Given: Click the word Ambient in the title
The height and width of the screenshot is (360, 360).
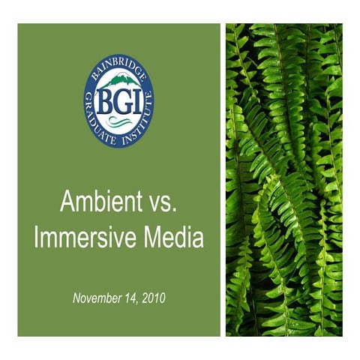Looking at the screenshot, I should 94,204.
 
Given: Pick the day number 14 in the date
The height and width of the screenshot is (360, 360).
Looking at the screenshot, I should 133,298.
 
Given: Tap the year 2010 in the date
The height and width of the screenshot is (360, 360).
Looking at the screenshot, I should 154,298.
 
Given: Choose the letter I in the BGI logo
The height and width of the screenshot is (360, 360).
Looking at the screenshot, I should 133,99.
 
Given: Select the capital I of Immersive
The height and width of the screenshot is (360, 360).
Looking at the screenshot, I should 38,238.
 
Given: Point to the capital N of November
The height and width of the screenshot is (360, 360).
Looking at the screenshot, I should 76,298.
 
